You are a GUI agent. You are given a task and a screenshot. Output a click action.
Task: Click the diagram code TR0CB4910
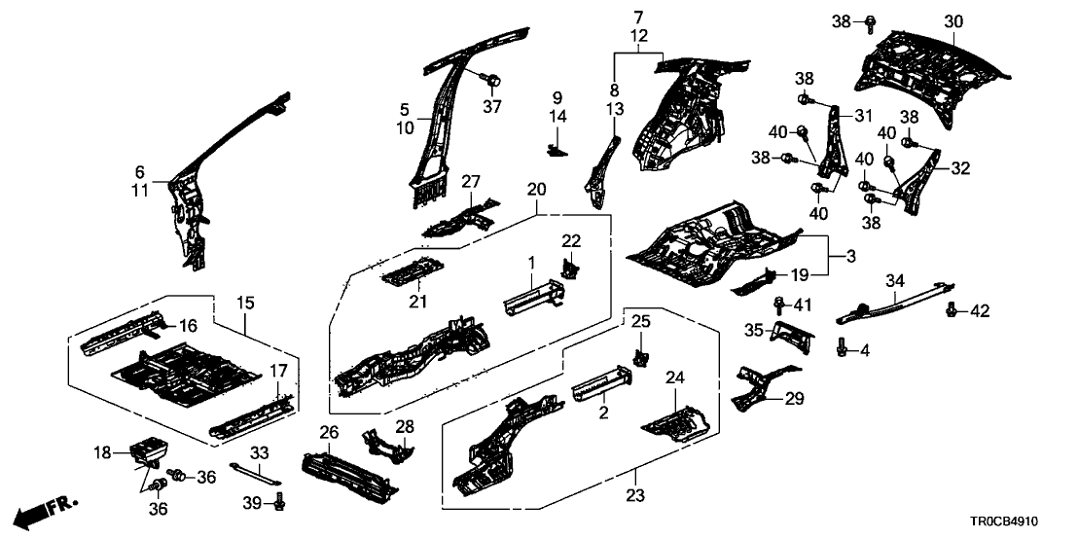click(1022, 521)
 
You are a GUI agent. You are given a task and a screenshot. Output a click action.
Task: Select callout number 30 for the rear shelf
click(952, 21)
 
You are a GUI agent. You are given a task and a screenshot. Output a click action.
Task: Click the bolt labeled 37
click(492, 80)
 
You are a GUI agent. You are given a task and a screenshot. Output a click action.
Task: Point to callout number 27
click(472, 182)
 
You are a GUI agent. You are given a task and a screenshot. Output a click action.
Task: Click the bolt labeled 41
click(780, 306)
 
